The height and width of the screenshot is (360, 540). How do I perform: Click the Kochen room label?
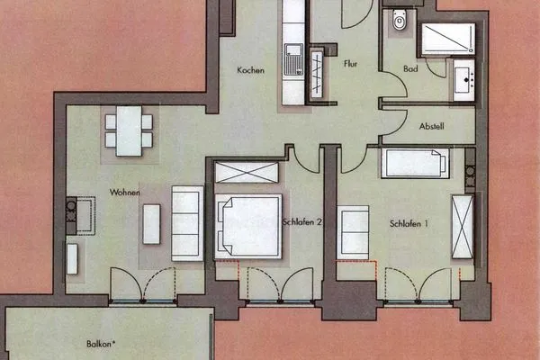pyautogui.click(x=250, y=70)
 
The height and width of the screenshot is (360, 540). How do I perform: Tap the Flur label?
pyautogui.click(x=352, y=64)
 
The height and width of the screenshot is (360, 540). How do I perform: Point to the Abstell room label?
pyautogui.click(x=432, y=127)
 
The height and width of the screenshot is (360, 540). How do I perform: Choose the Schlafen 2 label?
pyautogui.click(x=302, y=222)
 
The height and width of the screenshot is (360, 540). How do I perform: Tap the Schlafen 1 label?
pyautogui.click(x=409, y=222)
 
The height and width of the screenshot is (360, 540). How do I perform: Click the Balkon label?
pyautogui.click(x=87, y=343)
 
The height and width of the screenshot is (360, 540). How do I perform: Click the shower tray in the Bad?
pyautogui.click(x=445, y=39)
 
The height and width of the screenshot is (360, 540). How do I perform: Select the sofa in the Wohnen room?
pyautogui.click(x=186, y=223)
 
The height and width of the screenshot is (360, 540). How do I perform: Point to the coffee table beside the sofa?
pyautogui.click(x=151, y=224)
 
